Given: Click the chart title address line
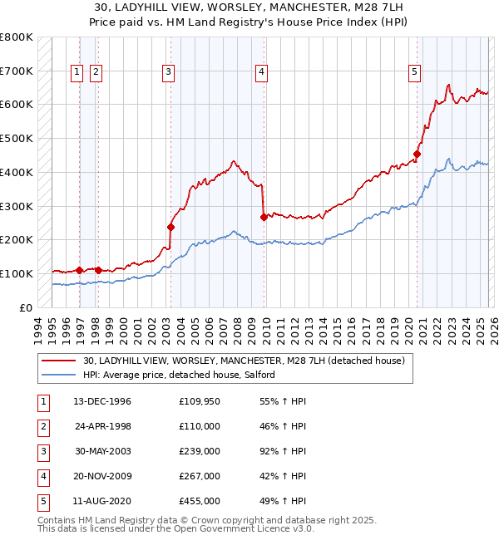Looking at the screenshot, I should (249, 7).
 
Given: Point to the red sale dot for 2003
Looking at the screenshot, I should (170, 226).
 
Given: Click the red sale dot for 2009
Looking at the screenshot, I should (264, 217).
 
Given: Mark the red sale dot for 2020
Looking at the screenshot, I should (417, 153).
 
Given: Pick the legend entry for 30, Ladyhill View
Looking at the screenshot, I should (243, 361).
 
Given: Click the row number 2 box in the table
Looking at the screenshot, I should (43, 426).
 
